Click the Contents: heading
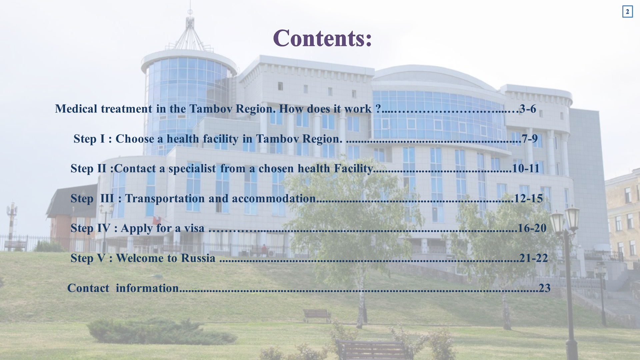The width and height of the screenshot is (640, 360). pyautogui.click(x=322, y=38)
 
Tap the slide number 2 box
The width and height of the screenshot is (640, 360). pyautogui.click(x=627, y=12)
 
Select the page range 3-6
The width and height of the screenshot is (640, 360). pyautogui.click(x=528, y=109)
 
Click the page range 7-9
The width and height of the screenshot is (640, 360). pyautogui.click(x=530, y=139)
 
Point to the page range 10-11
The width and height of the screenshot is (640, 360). pyautogui.click(x=526, y=168)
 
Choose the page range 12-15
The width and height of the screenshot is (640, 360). pyautogui.click(x=528, y=198)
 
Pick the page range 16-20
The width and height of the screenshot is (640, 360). pyautogui.click(x=532, y=228)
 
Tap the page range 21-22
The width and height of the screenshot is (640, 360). pyautogui.click(x=534, y=258)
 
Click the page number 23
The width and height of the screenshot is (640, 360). pyautogui.click(x=545, y=288)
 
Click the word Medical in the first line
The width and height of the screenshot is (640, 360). pyautogui.click(x=76, y=109)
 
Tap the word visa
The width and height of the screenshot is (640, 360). pyautogui.click(x=194, y=228)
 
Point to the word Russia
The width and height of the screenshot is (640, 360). pyautogui.click(x=198, y=258)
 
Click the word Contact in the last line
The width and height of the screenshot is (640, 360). pyautogui.click(x=88, y=288)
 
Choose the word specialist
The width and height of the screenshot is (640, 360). pyautogui.click(x=192, y=169)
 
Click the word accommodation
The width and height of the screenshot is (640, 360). pyautogui.click(x=274, y=198)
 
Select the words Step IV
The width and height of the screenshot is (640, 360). pyautogui.click(x=90, y=228)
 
